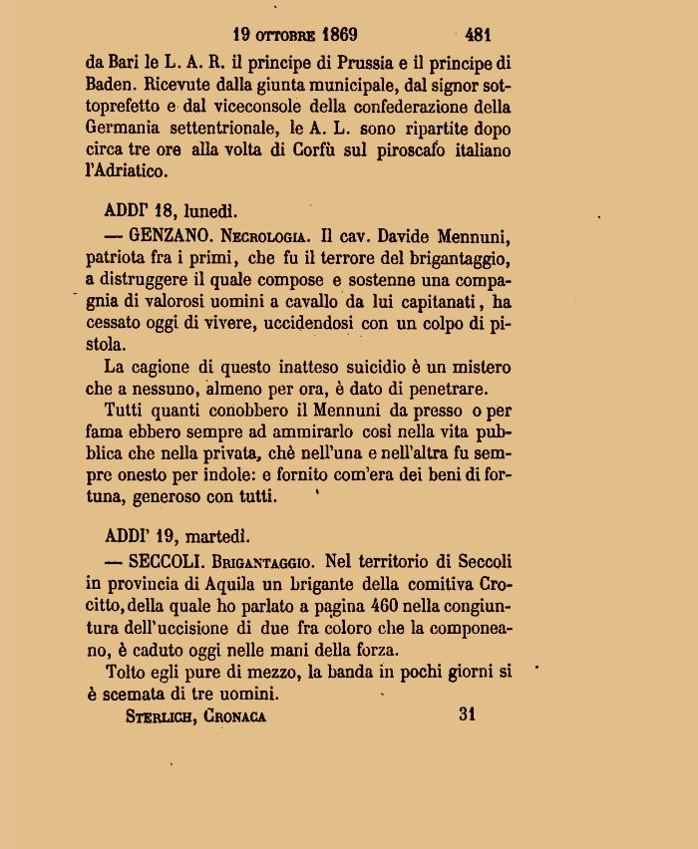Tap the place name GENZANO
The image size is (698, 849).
click(166, 237)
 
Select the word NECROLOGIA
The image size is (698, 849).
click(265, 238)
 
